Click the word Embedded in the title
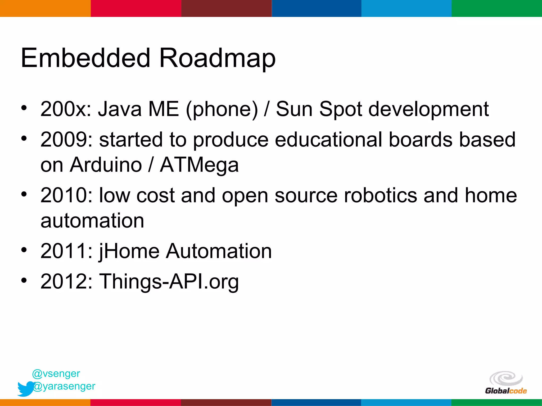coord(85,58)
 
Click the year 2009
coord(66,140)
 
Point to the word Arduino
coord(106,165)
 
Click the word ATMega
coord(199,165)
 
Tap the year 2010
coord(66,195)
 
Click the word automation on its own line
coord(92,221)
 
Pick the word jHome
coord(129,251)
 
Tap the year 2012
coord(66,281)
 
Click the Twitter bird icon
coord(26,389)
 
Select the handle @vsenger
coord(56,373)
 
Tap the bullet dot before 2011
coord(24,250)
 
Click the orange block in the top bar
coord(45,8)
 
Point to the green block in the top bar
coord(496,8)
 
